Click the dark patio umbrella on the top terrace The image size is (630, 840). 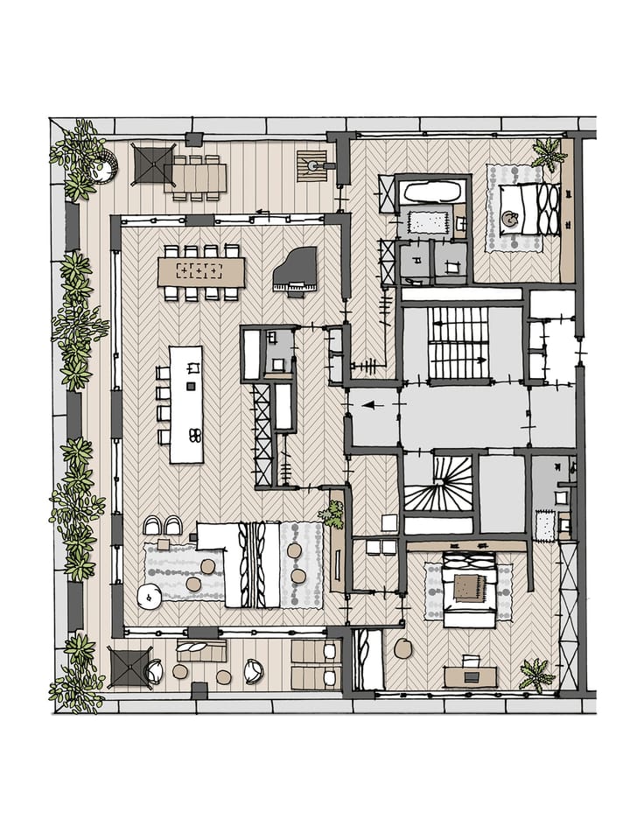coord(152,164)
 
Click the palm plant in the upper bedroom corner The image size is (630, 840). coord(549,154)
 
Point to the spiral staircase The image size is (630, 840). coord(437,486)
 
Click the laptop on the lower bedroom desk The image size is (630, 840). coord(471,675)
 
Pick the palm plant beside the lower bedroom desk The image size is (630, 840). coord(535,674)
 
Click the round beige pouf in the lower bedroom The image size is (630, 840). coord(403,648)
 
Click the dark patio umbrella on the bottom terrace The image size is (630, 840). coord(129,667)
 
